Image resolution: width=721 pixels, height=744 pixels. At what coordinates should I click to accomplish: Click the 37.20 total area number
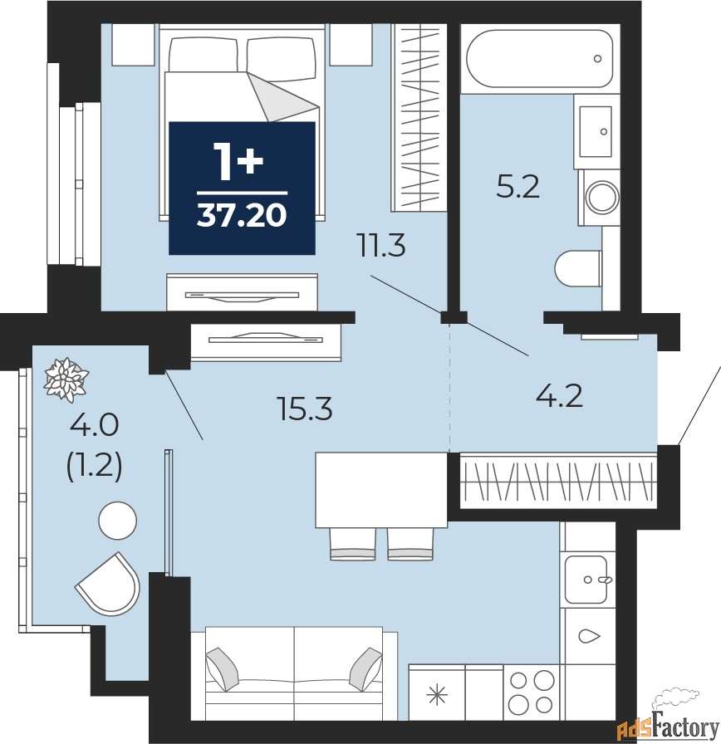point(242,215)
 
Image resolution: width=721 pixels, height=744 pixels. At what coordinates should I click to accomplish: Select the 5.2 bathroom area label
point(517,187)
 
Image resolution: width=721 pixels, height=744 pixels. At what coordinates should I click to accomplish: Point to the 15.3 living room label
point(305,408)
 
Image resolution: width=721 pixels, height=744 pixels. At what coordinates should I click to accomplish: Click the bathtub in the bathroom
point(539,59)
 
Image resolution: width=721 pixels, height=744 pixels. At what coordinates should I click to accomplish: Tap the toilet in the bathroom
point(578,268)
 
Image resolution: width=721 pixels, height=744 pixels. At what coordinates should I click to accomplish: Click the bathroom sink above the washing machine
point(596,131)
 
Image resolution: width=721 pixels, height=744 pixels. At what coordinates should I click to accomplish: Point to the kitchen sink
point(587,579)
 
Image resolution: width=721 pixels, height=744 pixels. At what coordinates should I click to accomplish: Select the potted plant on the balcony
point(66,379)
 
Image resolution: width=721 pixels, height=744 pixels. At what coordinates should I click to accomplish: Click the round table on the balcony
point(117,521)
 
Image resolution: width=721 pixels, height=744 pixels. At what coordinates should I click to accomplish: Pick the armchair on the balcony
point(109,585)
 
